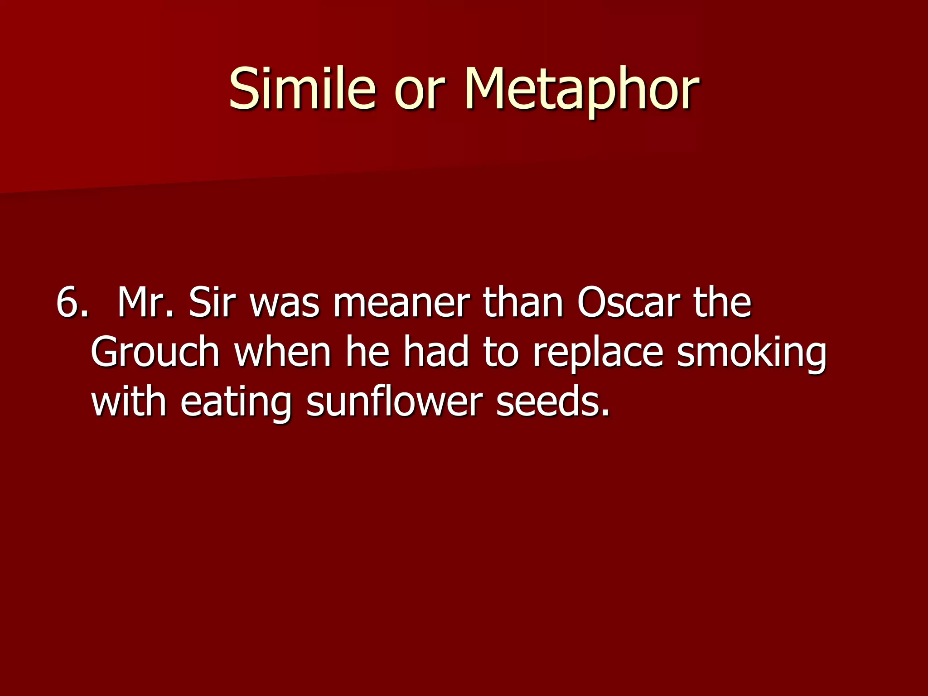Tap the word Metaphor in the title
pos(582,89)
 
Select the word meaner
pos(401,303)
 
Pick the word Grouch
pos(155,353)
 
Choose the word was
pos(285,303)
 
